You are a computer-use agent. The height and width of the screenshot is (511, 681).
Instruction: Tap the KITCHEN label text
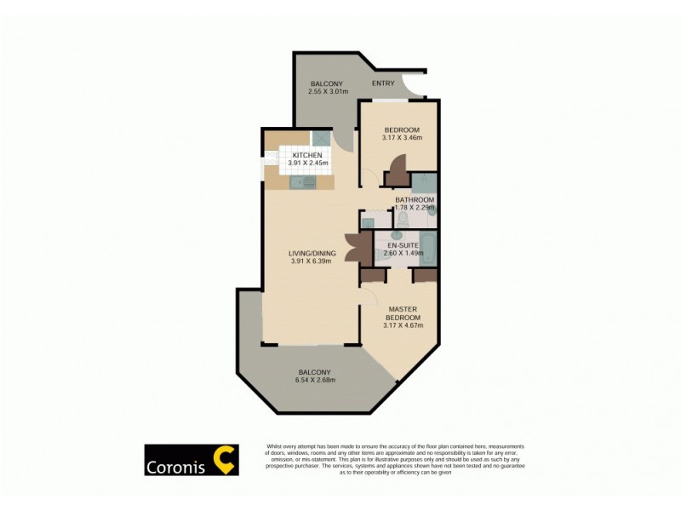[307, 154]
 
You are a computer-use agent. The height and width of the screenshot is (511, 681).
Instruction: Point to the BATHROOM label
[415, 199]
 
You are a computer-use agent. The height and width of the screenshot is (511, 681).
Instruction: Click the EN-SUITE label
[401, 245]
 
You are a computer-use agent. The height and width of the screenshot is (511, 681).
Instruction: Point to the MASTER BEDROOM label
[401, 314]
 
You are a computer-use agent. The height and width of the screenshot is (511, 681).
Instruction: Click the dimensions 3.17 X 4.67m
[402, 324]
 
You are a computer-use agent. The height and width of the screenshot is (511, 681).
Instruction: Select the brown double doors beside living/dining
[354, 248]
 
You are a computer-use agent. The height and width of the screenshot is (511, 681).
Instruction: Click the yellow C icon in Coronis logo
[223, 460]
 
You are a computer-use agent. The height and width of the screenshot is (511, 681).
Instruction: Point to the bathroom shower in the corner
[424, 183]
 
